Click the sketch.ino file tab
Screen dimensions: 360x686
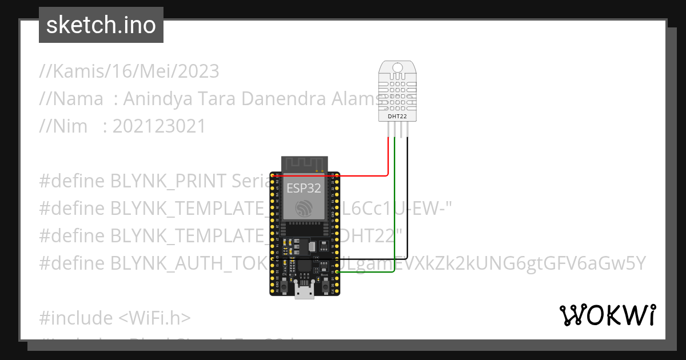(101, 25)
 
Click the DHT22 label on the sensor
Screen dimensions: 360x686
(397, 117)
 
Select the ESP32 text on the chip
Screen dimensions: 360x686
(304, 187)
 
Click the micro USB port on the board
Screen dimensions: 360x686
(304, 291)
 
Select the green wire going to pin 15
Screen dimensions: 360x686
(394, 217)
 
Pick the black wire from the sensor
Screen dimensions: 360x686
(408, 200)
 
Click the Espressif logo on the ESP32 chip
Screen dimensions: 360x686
(304, 209)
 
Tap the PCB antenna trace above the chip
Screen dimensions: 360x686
(304, 163)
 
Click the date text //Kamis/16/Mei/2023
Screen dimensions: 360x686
(129, 71)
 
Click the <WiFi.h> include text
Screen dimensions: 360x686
(155, 318)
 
